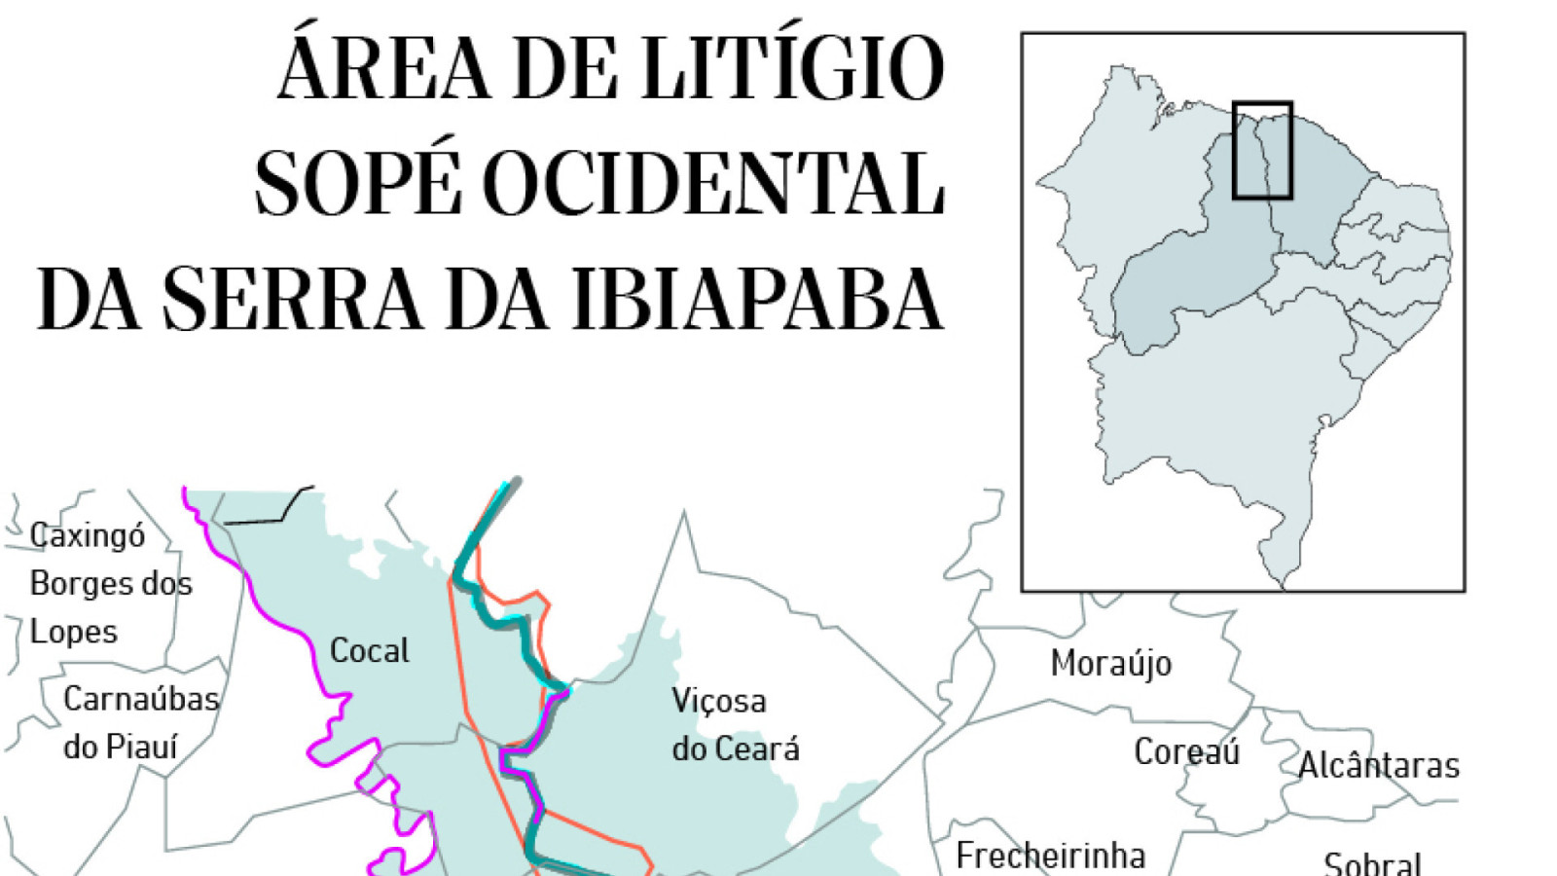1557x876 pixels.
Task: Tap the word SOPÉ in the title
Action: pos(357,183)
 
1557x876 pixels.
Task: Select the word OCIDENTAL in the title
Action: pos(713,183)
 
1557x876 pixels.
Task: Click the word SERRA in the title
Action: pos(292,298)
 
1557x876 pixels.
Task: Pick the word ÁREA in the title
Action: pos(384,68)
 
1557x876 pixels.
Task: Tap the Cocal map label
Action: pos(369,650)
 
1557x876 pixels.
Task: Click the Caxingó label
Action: pos(88,535)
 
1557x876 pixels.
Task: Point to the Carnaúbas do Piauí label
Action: pos(140,722)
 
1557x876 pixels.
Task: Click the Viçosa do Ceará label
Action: pos(735,724)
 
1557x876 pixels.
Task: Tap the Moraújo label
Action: pos(1110,664)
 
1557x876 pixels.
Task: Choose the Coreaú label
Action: pos(1186,751)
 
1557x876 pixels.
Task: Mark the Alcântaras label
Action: pos(1379,765)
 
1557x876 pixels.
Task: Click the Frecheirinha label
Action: pos(1050,856)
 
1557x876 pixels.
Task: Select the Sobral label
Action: pos(1372,862)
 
